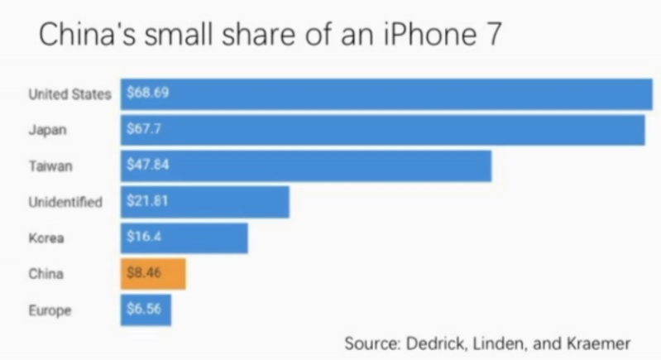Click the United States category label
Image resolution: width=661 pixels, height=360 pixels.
pos(69,94)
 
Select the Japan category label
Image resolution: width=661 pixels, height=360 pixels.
pos(47,130)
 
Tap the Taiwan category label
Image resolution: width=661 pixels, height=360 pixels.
pos(50,166)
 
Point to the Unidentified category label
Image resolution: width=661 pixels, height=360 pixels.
pos(65,202)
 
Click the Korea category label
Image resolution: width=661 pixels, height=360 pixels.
pos(46,238)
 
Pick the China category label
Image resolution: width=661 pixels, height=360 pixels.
pos(46,274)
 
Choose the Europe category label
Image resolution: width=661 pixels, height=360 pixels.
pos(49,311)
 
